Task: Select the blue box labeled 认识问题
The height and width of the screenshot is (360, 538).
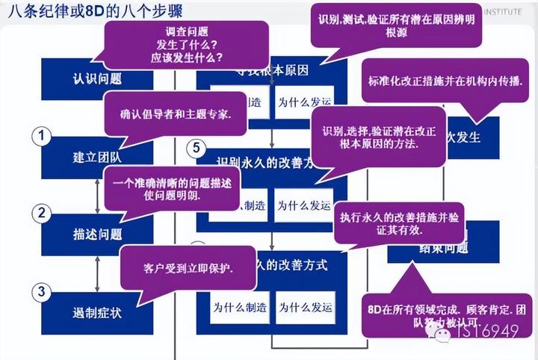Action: coord(82,78)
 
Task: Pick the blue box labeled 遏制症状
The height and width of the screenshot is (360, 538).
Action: coord(82,312)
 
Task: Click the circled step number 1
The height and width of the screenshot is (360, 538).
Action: coord(43,136)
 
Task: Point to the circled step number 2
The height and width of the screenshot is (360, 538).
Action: coord(43,212)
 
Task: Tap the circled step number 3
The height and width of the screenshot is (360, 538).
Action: coord(43,291)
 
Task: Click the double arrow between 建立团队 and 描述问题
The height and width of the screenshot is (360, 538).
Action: coord(97,196)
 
